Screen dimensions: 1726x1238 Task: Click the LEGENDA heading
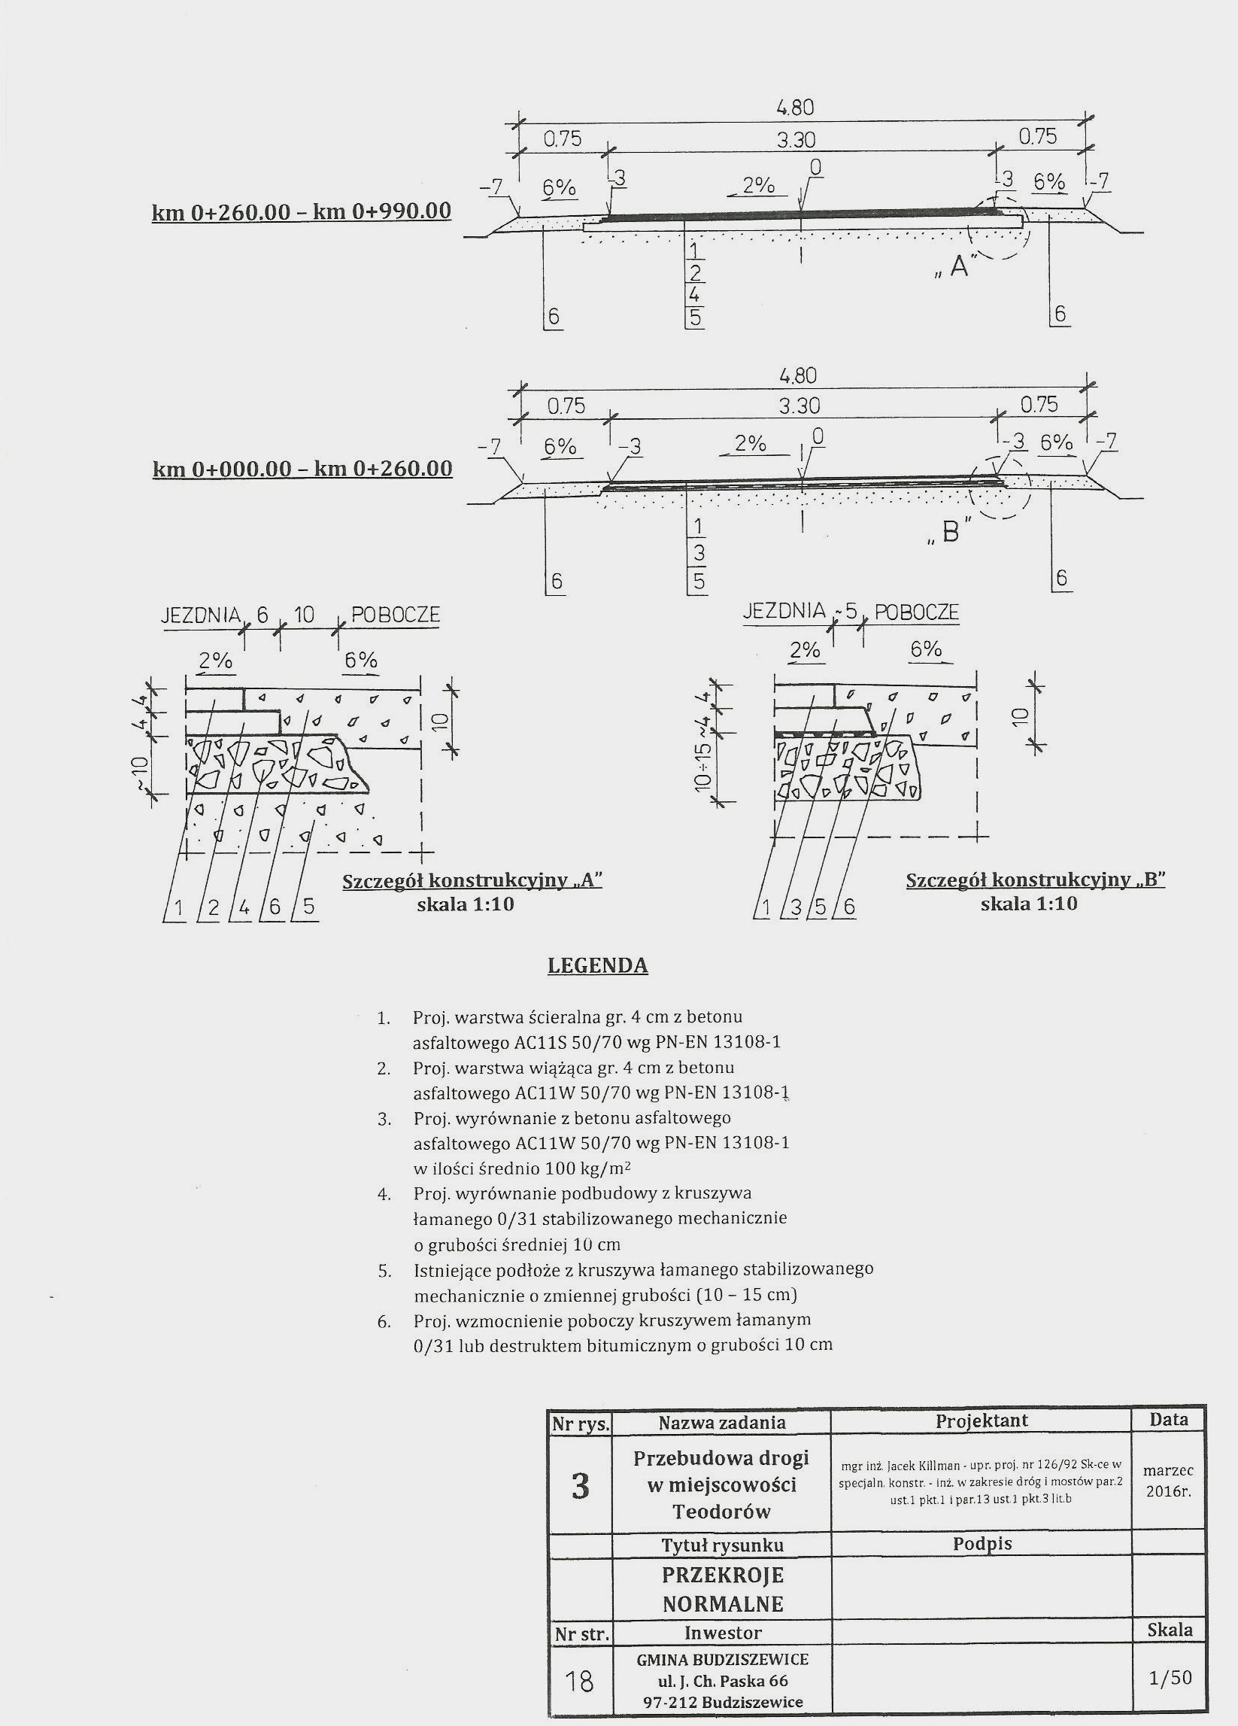click(x=597, y=966)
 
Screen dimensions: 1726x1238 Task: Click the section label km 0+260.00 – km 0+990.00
click(x=302, y=211)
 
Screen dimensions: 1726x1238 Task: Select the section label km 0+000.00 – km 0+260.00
click(x=302, y=467)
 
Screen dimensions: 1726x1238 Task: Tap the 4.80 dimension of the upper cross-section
click(x=795, y=108)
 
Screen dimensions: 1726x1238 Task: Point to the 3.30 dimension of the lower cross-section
click(x=799, y=406)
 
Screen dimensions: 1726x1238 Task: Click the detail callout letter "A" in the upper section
click(x=958, y=266)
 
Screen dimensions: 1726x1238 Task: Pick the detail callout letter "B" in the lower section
click(x=951, y=532)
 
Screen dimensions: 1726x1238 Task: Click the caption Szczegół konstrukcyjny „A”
click(x=472, y=881)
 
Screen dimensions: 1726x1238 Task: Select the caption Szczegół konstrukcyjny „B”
click(x=1036, y=880)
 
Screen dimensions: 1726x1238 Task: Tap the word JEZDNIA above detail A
click(x=201, y=615)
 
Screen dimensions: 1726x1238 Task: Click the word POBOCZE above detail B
click(x=916, y=612)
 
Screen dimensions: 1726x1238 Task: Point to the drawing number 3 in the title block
click(x=580, y=1484)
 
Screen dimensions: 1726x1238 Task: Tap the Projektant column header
click(x=981, y=1420)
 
